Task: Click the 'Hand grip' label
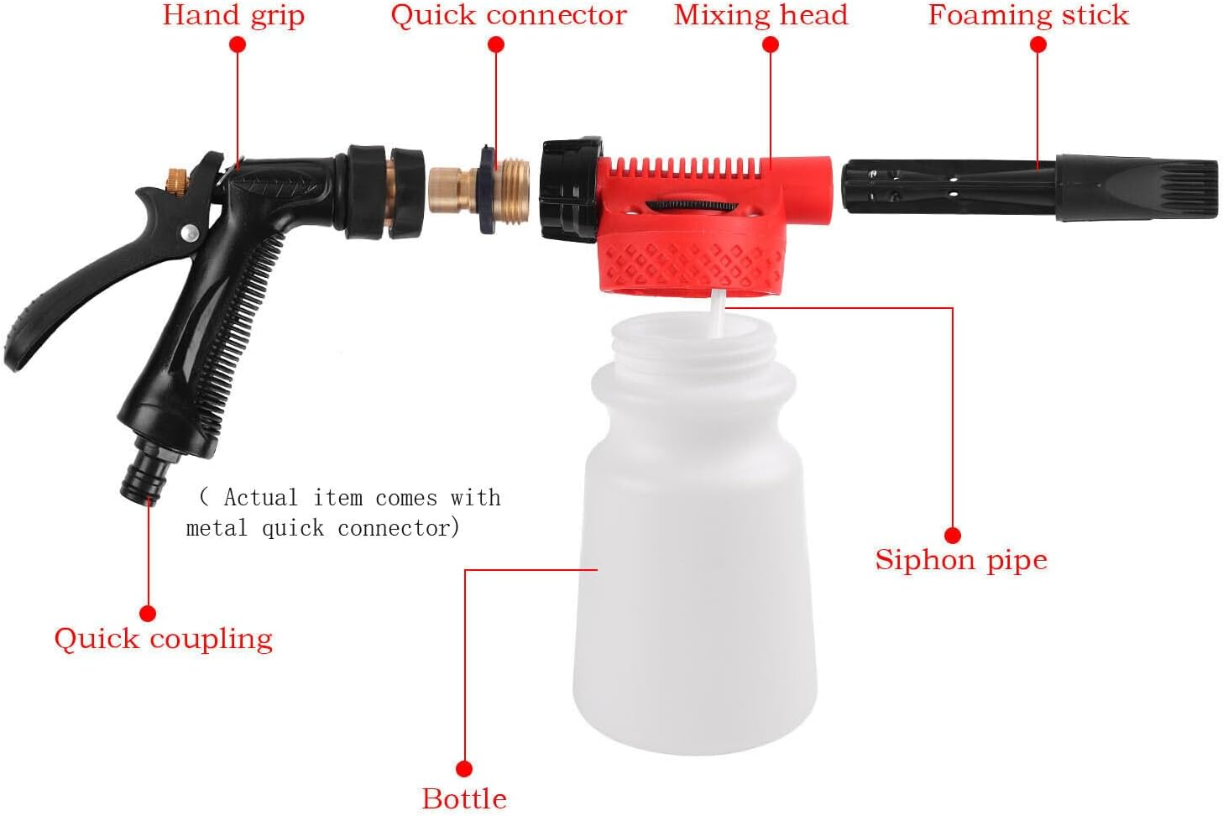pyautogui.click(x=233, y=16)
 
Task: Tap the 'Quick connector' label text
pyautogui.click(x=508, y=16)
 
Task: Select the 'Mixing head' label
pyautogui.click(x=760, y=16)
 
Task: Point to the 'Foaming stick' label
pyautogui.click(x=1028, y=16)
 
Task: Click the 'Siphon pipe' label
pyautogui.click(x=960, y=560)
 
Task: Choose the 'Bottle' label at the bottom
pyautogui.click(x=463, y=798)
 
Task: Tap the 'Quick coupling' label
pyautogui.click(x=163, y=639)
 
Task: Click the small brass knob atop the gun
pyautogui.click(x=176, y=178)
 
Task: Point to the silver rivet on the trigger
pyautogui.click(x=191, y=233)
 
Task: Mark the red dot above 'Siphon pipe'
pyautogui.click(x=952, y=535)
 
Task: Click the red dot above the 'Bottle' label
pyautogui.click(x=463, y=768)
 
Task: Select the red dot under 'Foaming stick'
pyautogui.click(x=1037, y=45)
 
